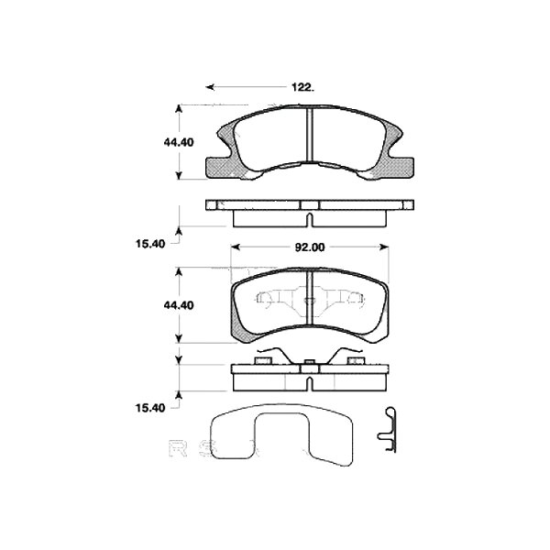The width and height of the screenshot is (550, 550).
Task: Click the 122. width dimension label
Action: click(302, 87)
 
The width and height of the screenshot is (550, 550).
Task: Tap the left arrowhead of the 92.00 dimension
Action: click(236, 247)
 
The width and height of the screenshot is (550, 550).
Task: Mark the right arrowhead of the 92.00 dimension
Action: click(385, 247)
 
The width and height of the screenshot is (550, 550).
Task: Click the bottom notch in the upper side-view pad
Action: click(310, 220)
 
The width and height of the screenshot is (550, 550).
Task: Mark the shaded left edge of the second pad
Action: click(235, 312)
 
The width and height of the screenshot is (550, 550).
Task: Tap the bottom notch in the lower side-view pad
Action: click(310, 382)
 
